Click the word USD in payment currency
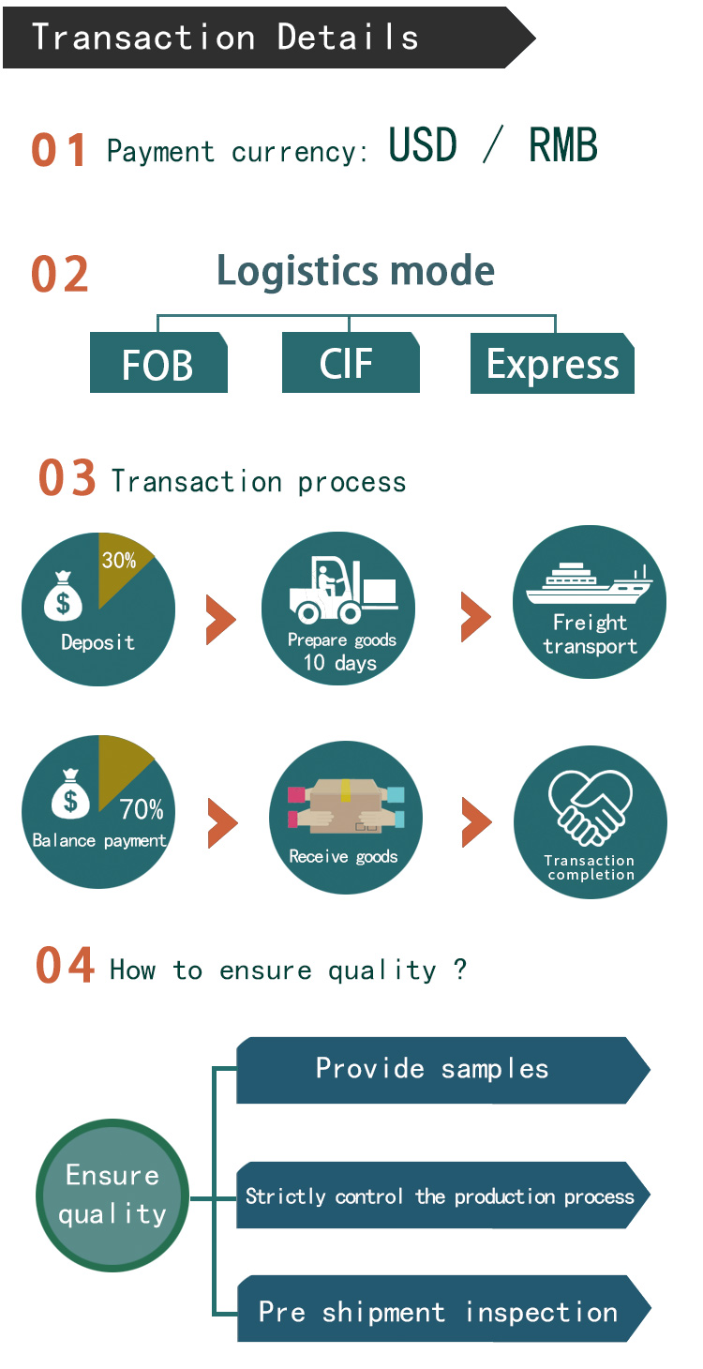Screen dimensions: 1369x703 coord(423,146)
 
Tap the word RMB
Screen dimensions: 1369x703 coord(562,146)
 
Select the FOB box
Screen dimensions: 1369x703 coord(157,364)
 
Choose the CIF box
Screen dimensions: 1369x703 coord(349,364)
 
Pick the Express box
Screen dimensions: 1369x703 coord(552,364)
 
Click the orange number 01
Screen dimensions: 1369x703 coord(60,150)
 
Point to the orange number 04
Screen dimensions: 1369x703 coord(65,966)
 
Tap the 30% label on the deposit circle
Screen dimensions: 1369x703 coord(119,561)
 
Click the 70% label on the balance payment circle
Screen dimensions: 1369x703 coord(142,808)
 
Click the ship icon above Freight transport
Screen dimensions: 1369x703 coord(589,585)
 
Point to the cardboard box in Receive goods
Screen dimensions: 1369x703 coord(343,806)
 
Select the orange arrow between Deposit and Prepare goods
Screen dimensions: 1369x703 coord(220,619)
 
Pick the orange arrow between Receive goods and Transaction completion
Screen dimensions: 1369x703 coord(476,822)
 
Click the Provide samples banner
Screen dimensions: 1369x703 coord(441,1069)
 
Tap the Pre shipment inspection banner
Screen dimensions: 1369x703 coord(441,1311)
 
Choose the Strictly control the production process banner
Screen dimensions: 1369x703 coord(441,1196)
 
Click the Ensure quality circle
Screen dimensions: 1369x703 coord(112,1196)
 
